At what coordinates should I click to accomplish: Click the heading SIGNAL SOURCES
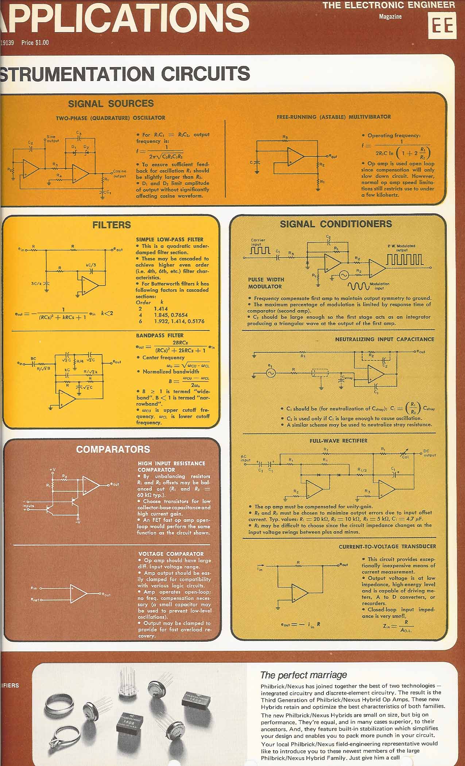click(x=111, y=104)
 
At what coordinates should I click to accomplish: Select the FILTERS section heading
click(x=112, y=225)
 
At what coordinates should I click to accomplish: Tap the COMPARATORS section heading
click(x=113, y=449)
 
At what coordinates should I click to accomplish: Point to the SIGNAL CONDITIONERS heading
click(x=336, y=224)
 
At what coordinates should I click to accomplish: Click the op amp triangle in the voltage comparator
click(x=78, y=593)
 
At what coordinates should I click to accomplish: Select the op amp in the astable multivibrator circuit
click(x=295, y=156)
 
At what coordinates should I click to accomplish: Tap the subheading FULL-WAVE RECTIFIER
click(x=338, y=441)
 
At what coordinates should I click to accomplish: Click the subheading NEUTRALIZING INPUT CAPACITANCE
click(x=384, y=339)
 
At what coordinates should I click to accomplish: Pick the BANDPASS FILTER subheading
click(x=159, y=335)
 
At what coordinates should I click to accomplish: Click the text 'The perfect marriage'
click(x=303, y=675)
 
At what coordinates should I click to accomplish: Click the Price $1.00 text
click(x=35, y=43)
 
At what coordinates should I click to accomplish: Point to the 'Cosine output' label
click(x=119, y=173)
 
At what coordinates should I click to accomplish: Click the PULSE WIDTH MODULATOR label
click(x=265, y=283)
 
